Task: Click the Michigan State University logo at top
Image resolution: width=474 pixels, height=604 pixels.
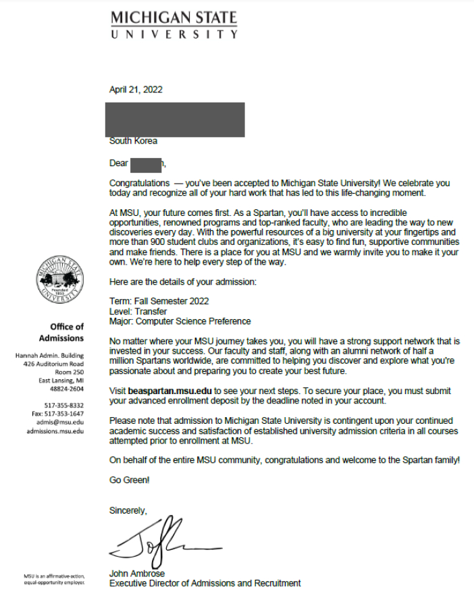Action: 174,25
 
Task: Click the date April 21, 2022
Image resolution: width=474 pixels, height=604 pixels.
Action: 136,89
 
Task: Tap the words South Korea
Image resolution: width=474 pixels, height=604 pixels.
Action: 133,141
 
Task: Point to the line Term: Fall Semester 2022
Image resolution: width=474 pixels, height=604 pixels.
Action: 159,301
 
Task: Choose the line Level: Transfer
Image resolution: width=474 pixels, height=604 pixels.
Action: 138,311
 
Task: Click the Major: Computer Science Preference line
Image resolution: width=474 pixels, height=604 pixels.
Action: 180,321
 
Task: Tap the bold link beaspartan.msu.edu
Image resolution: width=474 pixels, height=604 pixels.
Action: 169,391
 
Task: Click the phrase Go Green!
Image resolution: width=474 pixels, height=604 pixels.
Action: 130,480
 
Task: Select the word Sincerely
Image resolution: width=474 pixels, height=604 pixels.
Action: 128,511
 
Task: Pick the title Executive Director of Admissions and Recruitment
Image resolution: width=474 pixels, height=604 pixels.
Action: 205,583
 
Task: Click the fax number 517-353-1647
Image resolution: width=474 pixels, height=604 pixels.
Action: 70,414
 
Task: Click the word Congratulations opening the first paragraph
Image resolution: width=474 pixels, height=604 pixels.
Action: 139,183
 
